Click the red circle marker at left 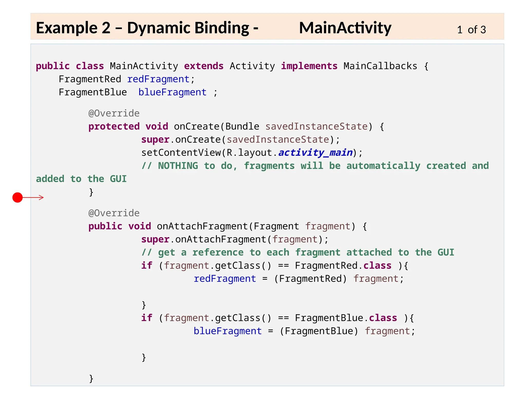pos(17,197)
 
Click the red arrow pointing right pos(33,197)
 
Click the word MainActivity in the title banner pos(345,28)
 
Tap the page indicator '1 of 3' pos(471,30)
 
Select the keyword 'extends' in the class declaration pos(204,66)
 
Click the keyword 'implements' pos(309,66)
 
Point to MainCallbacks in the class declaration pos(380,66)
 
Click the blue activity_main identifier pos(315,153)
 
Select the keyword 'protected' pos(114,127)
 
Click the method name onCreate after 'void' pos(197,127)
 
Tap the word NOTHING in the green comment pos(178,166)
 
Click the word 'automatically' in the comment pos(383,166)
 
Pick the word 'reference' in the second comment pos(218,253)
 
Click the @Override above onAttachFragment pos(114,213)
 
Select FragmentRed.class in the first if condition pos(343,266)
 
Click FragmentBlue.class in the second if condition pos(346,318)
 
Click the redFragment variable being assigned pos(225,279)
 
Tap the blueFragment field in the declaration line pos(172,92)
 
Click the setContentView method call pos(181,153)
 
